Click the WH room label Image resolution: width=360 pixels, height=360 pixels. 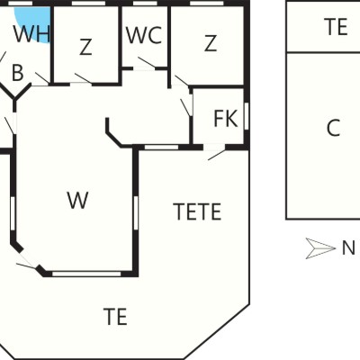[31, 33]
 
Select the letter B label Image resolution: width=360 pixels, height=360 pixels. [18, 73]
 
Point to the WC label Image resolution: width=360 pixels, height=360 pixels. [144, 35]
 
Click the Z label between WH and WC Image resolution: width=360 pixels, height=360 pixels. [85, 47]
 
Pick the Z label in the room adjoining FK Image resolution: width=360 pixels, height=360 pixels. [211, 43]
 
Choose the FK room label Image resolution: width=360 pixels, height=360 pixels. [226, 119]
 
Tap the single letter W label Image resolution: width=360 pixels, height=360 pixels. [77, 200]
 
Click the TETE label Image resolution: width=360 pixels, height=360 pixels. [197, 211]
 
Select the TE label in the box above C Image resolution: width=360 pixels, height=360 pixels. [336, 27]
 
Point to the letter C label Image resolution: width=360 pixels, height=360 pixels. [333, 128]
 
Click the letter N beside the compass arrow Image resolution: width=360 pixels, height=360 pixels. [348, 248]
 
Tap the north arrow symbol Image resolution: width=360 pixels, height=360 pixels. [320, 248]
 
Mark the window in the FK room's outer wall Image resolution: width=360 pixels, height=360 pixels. [247, 116]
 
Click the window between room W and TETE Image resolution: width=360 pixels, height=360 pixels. [136, 213]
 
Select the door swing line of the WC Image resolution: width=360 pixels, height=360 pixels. [147, 62]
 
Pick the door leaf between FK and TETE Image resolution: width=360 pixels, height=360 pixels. [217, 155]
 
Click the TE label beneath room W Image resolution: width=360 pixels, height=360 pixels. [115, 317]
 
